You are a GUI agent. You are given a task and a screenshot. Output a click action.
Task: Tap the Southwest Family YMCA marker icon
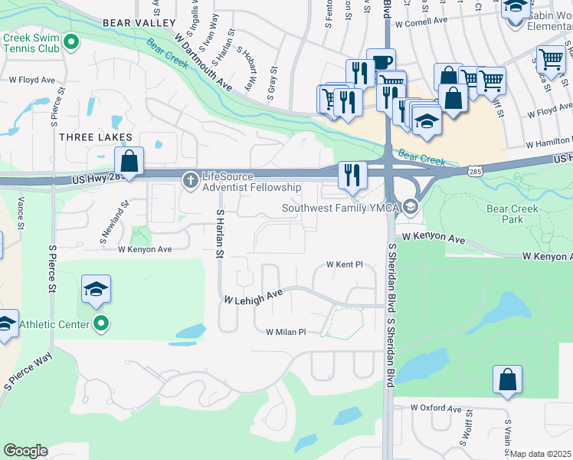pos(411,207)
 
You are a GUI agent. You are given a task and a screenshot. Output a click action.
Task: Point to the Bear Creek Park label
pos(512,213)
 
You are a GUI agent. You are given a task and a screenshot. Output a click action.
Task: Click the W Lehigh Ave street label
pos(254,296)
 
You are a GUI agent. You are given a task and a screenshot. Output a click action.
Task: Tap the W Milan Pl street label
pos(286,332)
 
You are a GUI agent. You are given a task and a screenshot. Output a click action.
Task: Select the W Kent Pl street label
pos(343,264)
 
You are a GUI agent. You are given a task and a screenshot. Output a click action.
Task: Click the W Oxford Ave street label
pos(437,408)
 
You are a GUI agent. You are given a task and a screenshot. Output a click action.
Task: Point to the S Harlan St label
pos(220,233)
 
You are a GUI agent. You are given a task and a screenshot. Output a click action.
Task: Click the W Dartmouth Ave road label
pos(202,60)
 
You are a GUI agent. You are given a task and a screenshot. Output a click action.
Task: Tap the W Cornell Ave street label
pos(421,21)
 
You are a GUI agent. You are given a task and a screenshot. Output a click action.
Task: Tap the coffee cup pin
pos(381,62)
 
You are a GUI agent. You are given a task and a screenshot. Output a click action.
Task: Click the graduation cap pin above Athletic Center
pos(96,289)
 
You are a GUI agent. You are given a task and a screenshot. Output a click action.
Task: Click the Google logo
pos(25,451)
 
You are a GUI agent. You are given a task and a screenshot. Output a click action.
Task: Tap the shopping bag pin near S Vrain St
pos(507,379)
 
